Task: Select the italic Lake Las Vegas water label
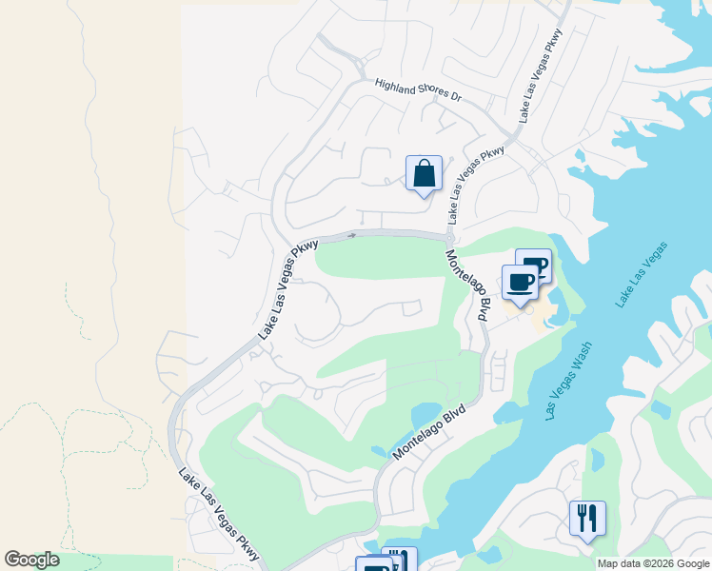coord(642,275)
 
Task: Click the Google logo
coord(31,560)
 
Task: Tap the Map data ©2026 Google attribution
coord(653,563)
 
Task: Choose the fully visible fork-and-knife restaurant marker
coord(587,519)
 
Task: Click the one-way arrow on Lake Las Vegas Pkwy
coord(352,235)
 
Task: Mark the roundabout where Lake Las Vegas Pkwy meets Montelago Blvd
coord(448,239)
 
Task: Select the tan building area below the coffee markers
coord(533,310)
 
